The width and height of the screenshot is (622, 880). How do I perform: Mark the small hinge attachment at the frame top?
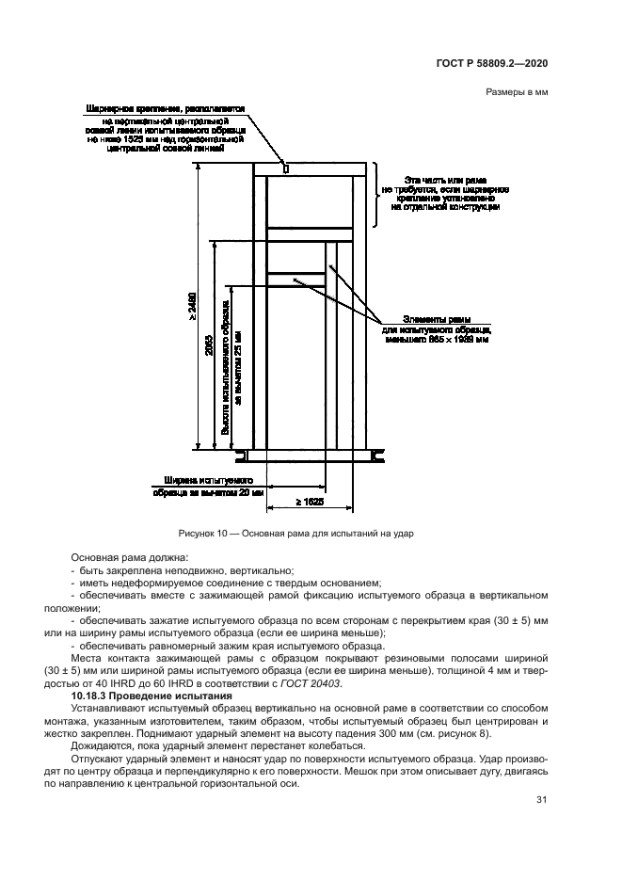[x=286, y=168]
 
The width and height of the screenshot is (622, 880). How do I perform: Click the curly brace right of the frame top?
[x=376, y=195]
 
